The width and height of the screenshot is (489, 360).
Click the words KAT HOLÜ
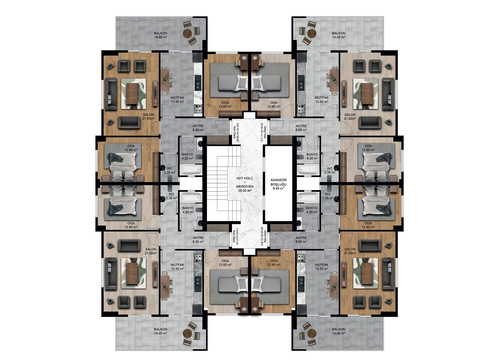coord(245,178)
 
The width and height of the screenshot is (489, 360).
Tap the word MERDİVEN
coord(245,187)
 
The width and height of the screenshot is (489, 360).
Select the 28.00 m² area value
coord(245,191)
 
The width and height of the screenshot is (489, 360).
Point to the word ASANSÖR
coord(278,180)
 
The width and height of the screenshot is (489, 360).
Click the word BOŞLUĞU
coord(278,184)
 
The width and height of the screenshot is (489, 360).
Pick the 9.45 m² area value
coord(278,188)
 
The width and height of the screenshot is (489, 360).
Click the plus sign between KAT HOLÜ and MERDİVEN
coord(245,182)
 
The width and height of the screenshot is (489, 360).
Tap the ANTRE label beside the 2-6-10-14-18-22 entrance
coord(198,126)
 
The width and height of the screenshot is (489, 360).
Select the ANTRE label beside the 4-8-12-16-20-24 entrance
coord(301,238)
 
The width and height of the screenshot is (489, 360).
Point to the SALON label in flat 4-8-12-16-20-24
coord(350,249)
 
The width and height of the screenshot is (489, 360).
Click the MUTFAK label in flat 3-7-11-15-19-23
coord(322,98)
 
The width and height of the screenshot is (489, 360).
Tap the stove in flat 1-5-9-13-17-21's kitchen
coord(198,259)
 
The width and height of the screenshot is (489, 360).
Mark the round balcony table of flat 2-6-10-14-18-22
coord(187,34)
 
